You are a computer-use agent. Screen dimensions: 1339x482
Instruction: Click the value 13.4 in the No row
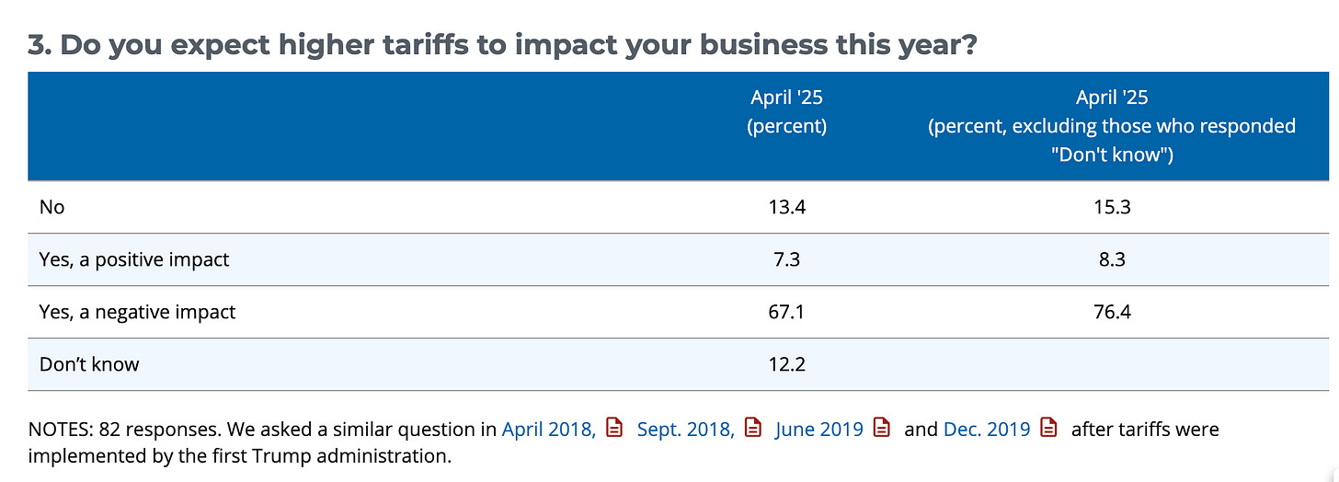tap(786, 207)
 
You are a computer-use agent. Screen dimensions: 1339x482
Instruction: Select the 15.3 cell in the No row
tap(1112, 207)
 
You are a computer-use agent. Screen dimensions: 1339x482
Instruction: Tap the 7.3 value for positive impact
tap(786, 259)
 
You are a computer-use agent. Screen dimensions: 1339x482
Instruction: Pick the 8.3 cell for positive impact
tap(1112, 259)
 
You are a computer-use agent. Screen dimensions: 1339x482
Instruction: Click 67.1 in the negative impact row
tap(786, 312)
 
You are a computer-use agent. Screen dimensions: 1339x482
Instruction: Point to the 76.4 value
tap(1112, 312)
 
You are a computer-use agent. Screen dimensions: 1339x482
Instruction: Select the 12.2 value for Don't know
tap(786, 364)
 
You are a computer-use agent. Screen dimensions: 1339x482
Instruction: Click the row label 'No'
tap(52, 207)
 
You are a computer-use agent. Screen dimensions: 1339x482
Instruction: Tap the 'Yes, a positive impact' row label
tap(134, 259)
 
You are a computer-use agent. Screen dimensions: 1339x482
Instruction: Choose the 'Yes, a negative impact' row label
tap(138, 312)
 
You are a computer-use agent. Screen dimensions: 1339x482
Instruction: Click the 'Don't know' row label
tap(89, 364)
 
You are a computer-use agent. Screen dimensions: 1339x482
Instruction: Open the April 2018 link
tap(548, 430)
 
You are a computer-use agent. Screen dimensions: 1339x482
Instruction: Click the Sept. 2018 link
tap(686, 430)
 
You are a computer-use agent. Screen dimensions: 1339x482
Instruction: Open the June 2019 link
tap(818, 430)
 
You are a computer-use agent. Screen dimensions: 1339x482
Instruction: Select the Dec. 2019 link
tap(987, 430)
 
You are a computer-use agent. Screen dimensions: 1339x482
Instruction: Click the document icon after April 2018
tap(614, 428)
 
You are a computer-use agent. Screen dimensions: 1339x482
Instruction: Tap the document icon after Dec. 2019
tap(1048, 428)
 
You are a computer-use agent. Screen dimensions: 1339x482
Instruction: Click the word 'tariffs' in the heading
tap(426, 45)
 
